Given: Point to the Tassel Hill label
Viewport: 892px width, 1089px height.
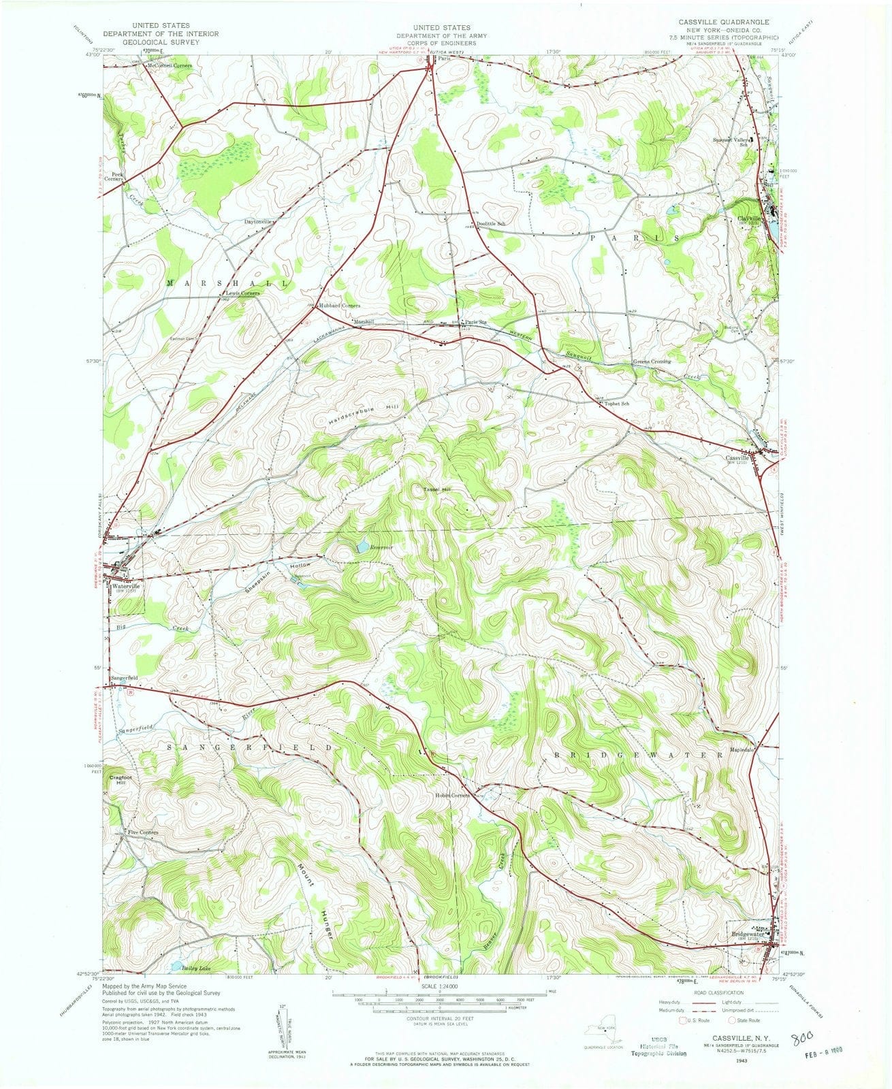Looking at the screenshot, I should (433, 489).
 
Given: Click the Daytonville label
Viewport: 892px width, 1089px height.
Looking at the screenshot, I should (258, 222).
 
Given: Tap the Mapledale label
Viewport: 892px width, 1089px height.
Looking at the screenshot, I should (739, 749).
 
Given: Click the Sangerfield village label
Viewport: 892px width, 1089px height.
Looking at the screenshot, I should (126, 679).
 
